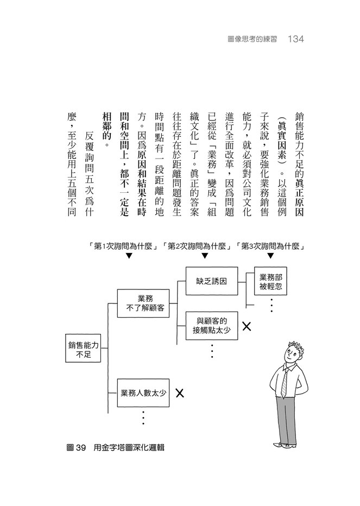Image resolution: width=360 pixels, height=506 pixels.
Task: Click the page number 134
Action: (295, 39)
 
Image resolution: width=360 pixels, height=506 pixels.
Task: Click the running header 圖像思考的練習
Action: (252, 40)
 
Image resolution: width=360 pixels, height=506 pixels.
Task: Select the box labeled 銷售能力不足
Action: (83, 348)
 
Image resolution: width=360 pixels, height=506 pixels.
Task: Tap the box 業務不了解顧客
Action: (143, 303)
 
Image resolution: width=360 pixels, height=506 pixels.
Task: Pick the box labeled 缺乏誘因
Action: (212, 281)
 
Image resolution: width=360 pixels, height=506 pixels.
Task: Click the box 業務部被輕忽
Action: (270, 281)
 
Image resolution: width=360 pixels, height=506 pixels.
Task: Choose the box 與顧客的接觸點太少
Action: (212, 326)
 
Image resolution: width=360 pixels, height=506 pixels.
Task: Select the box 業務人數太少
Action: (143, 393)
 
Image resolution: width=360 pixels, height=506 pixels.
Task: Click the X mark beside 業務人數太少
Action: (180, 393)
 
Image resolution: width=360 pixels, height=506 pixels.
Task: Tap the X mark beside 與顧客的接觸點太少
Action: (247, 326)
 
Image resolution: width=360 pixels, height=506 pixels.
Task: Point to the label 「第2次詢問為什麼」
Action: (198, 246)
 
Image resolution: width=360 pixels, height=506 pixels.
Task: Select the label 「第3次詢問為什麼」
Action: (271, 246)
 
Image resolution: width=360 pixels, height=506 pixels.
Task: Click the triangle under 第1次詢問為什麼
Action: (129, 256)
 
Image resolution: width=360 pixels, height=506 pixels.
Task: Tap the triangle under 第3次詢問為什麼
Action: (270, 256)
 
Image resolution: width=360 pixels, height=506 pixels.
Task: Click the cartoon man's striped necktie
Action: (285, 383)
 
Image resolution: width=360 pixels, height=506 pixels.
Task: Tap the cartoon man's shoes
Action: (285, 445)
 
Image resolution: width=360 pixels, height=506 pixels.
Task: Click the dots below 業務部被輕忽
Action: (272, 305)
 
